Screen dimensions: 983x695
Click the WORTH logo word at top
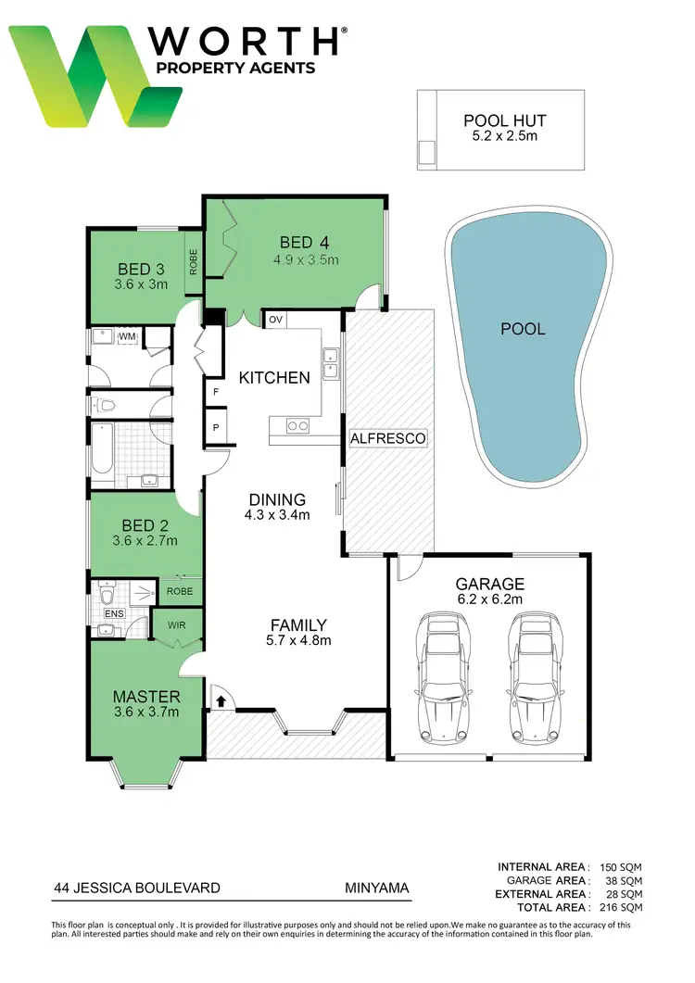[246, 42]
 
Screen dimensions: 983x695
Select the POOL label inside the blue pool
[523, 329]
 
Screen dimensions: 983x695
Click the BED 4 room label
[305, 244]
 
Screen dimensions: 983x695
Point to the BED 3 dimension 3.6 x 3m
[141, 284]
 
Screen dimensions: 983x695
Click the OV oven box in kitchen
[275, 320]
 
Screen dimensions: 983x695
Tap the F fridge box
[216, 392]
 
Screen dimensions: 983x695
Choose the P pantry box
[216, 428]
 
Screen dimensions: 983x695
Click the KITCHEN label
[274, 378]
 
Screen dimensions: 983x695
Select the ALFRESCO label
[387, 437]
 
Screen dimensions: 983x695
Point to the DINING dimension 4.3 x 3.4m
[277, 514]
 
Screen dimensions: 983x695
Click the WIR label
[176, 625]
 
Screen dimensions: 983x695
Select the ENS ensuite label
[114, 613]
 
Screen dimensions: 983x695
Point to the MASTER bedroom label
[145, 697]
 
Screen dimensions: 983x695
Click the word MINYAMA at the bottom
[371, 888]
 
